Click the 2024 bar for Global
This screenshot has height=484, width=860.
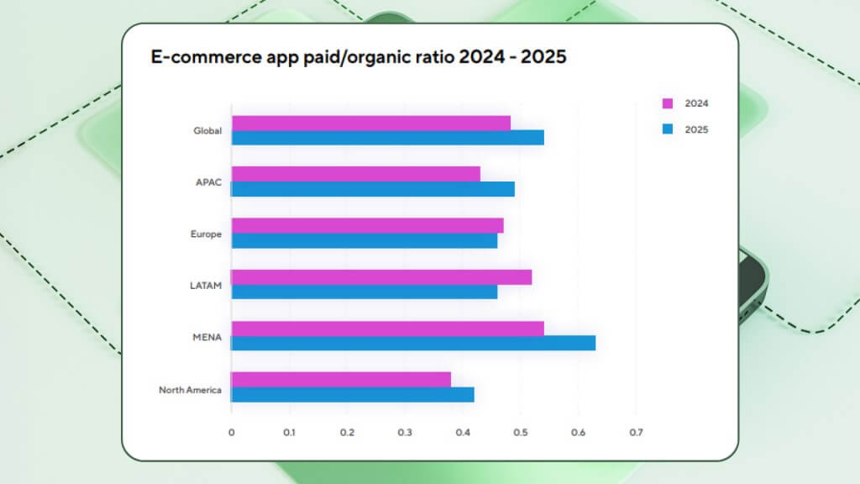coord(370,124)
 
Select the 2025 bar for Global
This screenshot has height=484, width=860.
coord(387,138)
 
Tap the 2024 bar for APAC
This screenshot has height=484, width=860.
coord(355,174)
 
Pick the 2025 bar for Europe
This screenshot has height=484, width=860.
coord(364,240)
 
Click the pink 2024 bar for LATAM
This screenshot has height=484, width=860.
coord(381,277)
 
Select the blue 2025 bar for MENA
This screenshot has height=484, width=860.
coord(413,343)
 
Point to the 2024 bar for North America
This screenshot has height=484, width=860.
coord(341,380)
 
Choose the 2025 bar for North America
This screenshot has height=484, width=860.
coord(353,395)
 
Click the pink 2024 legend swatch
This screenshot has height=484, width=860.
coord(668,103)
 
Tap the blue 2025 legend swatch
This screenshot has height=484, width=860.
coord(668,129)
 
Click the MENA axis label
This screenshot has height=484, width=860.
coord(207,338)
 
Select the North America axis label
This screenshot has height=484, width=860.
coord(190,390)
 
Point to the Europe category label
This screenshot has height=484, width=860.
coord(206,234)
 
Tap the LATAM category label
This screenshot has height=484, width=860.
coord(206,286)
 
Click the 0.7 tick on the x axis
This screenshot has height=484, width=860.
coord(636,433)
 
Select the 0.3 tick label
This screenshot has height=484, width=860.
coord(405,433)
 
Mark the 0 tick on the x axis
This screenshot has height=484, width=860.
coord(232,433)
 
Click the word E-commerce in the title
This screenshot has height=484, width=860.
coord(201,58)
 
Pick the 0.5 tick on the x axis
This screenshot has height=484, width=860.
coord(520,433)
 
